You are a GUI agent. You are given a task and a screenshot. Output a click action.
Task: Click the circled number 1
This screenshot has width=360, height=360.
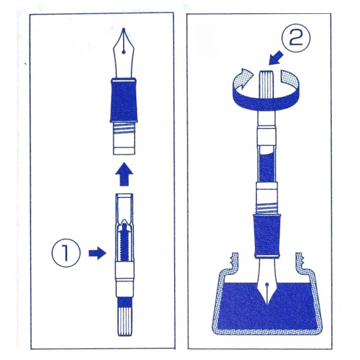(66, 253)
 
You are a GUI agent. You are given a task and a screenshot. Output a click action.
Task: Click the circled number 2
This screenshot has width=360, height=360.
(296, 38)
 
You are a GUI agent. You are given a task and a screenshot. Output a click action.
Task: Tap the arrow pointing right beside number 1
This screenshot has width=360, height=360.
(98, 253)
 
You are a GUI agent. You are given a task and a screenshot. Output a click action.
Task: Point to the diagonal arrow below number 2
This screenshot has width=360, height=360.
(276, 58)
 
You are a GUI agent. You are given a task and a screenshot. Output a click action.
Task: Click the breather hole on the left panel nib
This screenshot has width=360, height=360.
(124, 52)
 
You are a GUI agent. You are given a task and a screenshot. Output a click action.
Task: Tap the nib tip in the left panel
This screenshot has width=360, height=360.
(124, 29)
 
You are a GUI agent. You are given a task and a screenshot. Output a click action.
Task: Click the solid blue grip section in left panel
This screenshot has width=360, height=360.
(124, 100)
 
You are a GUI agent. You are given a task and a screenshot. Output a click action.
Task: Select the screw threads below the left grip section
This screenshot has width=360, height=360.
(124, 130)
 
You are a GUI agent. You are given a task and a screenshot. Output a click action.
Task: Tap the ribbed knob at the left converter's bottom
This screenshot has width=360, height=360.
(124, 320)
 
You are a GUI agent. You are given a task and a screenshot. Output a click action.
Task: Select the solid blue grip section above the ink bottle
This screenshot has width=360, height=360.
(267, 236)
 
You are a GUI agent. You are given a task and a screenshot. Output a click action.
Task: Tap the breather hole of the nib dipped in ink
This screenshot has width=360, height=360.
(267, 284)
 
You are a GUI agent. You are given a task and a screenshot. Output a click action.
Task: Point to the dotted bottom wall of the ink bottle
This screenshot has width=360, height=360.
(267, 332)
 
